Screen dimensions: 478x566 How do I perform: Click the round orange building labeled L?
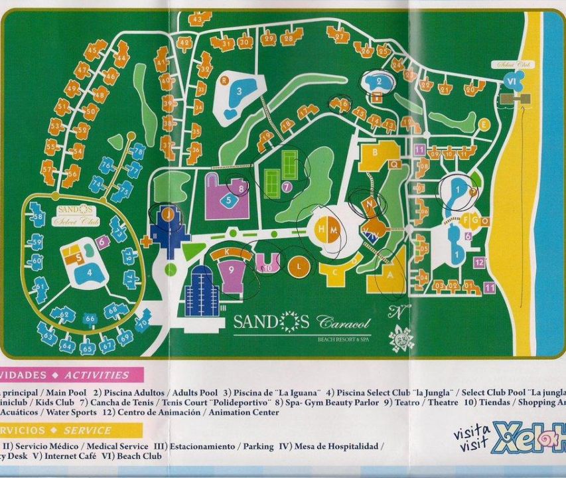300,266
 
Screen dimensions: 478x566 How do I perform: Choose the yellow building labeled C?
336,272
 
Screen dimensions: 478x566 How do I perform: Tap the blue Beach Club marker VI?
510,81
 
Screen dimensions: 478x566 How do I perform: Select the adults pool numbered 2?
378,82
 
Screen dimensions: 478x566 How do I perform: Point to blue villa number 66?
90,319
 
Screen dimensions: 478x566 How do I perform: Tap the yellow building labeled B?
376,153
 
